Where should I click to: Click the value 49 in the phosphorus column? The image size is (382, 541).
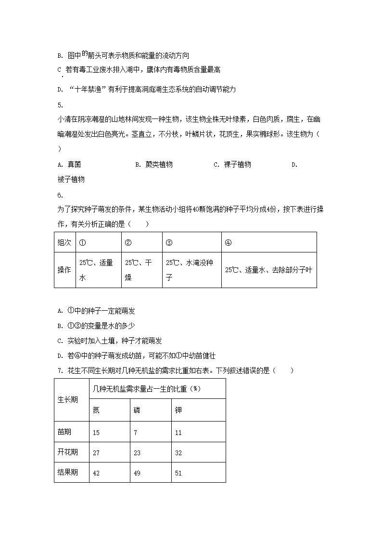137,473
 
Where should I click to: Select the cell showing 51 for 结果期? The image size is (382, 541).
178,473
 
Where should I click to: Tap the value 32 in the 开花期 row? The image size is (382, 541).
178,453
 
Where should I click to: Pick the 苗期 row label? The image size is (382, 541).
65,432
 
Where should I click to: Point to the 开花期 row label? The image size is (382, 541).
68,452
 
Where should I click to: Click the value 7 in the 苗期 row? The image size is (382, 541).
136,433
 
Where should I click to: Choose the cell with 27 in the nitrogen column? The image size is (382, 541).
96,453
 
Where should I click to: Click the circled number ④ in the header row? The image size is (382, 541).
228,242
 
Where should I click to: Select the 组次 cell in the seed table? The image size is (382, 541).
64,242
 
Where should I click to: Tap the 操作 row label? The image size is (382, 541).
64,270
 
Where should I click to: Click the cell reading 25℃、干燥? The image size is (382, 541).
141,270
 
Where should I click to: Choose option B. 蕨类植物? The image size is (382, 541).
153,164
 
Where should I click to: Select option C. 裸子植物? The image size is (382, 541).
232,164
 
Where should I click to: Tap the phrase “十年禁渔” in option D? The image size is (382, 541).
87,89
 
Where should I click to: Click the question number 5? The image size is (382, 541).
60,105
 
